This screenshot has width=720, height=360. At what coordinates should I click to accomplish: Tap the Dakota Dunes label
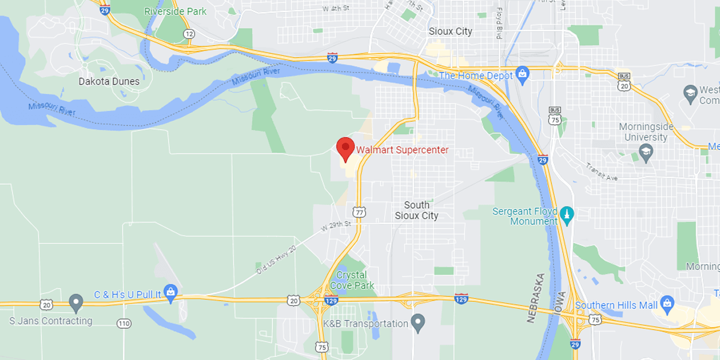click(x=109, y=81)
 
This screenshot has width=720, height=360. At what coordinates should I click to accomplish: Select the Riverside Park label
click(x=175, y=11)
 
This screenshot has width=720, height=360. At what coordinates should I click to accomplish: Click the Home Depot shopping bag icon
click(x=523, y=75)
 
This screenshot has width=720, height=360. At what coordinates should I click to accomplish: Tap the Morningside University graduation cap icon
click(x=645, y=154)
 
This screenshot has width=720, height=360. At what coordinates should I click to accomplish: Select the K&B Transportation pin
click(x=418, y=323)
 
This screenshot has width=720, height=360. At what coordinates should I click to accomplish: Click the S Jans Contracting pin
click(x=76, y=302)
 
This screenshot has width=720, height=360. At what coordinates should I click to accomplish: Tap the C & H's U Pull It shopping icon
click(x=170, y=293)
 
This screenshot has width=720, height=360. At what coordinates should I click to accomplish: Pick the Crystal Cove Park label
click(x=352, y=280)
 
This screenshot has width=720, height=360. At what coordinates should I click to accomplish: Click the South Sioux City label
click(x=416, y=210)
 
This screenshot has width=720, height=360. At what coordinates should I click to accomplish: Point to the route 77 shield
click(x=359, y=212)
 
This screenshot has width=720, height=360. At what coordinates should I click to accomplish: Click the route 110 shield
click(x=124, y=323)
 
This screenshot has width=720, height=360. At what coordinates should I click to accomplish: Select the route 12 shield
click(x=189, y=34)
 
